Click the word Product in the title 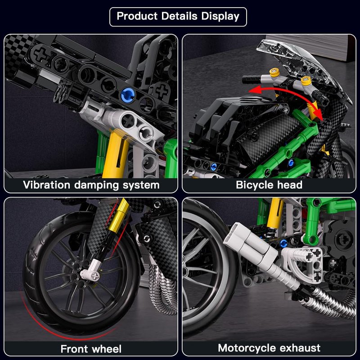[x=137, y=16]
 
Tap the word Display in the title [x=220, y=17]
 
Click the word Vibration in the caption [x=47, y=185]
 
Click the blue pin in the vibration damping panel [x=128, y=95]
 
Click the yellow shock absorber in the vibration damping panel [x=115, y=155]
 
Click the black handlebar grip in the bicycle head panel [x=252, y=80]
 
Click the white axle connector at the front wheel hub [x=91, y=271]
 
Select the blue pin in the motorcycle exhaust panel [x=284, y=243]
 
